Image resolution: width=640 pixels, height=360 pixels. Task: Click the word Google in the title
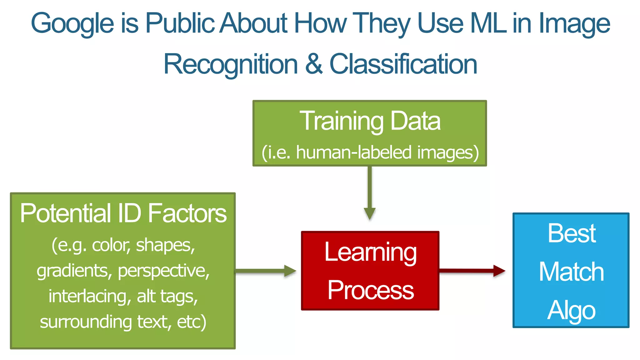(x=72, y=24)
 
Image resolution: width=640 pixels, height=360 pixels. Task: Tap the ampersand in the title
(x=314, y=64)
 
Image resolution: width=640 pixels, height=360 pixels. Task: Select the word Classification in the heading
(x=403, y=64)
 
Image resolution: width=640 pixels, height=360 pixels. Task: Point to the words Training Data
(x=370, y=121)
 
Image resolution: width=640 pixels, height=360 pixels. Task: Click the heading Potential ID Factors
(x=123, y=213)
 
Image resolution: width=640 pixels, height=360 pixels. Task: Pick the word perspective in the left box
(x=164, y=271)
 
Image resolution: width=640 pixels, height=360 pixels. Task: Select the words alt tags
(x=167, y=296)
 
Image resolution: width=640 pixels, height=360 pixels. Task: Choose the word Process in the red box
(x=370, y=290)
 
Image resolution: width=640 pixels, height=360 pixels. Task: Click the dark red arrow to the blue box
(x=472, y=271)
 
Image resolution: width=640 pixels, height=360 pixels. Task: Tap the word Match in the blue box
(x=571, y=272)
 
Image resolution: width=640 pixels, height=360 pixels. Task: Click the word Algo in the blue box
(x=571, y=310)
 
